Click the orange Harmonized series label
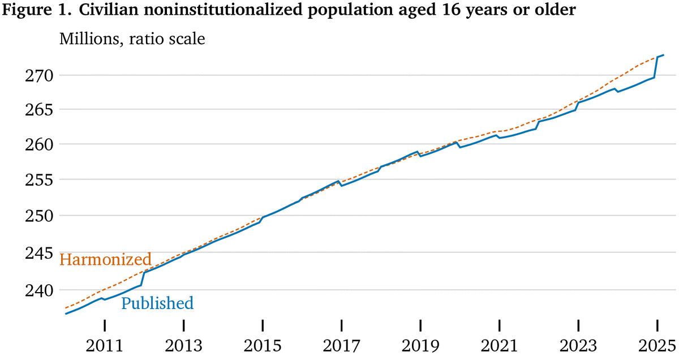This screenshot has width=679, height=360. [105, 260]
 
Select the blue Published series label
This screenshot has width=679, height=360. [157, 303]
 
